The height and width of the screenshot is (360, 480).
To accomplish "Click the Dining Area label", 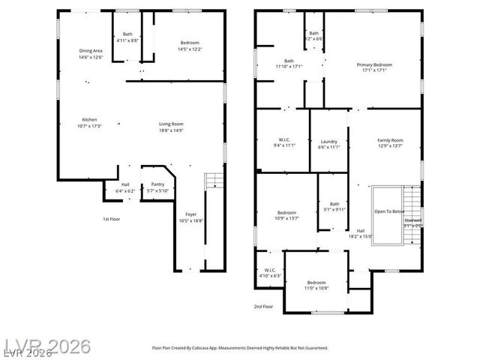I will point(90,53).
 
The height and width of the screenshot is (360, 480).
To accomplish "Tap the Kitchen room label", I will point(89,123).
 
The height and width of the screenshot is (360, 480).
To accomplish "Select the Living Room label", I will point(171,127).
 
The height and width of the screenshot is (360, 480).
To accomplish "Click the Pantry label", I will point(157,187).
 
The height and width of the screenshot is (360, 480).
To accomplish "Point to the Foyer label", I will point(191,217).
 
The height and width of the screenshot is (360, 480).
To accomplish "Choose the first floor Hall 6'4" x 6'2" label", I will point(125,187).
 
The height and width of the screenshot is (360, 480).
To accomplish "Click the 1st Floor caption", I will point(111,219).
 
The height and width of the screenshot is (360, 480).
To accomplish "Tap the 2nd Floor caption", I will point(262,307).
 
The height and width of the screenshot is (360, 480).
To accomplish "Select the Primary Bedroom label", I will point(373,68).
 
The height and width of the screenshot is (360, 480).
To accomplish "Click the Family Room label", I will point(389,143).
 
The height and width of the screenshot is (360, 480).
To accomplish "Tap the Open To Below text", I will point(389,211).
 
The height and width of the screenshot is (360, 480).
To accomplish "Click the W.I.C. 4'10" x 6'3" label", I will point(268,273).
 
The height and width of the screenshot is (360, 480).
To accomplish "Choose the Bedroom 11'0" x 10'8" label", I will point(315,285).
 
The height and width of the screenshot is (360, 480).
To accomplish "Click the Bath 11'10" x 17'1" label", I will point(289,64).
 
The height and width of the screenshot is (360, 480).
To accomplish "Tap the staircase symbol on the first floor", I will point(214,180).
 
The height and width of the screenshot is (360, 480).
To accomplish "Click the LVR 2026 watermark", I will point(46,346).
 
